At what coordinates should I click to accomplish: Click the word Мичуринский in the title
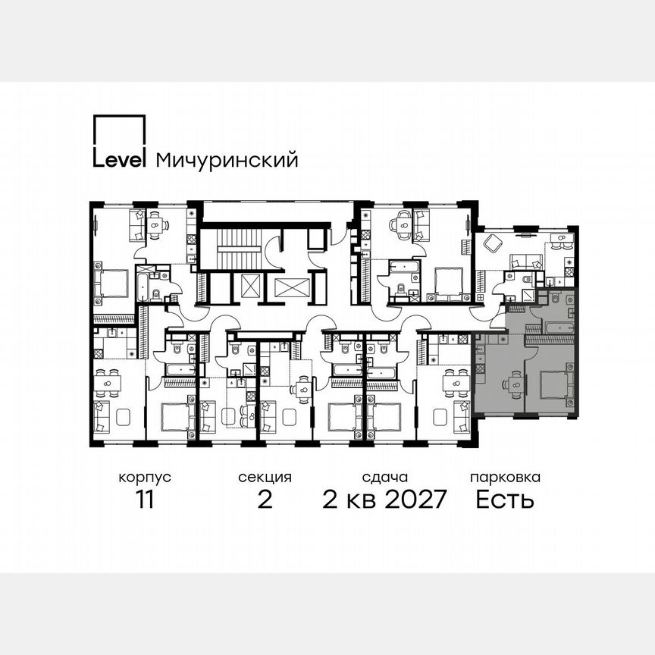tap(227, 160)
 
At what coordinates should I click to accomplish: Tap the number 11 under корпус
tap(144, 500)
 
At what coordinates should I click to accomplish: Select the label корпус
tap(144, 478)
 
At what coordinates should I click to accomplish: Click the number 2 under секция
tap(265, 500)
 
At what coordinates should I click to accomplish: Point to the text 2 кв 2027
tap(385, 500)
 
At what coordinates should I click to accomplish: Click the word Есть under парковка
tap(505, 500)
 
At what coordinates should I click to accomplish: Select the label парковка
tap(505, 478)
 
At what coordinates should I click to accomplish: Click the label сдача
tap(385, 478)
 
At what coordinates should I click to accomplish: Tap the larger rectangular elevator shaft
tap(292, 287)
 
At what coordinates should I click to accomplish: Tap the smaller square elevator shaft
tap(250, 287)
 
